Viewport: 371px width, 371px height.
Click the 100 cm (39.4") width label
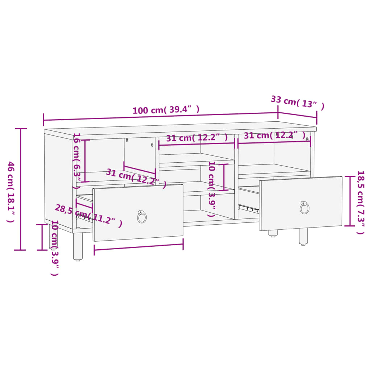[x=166, y=110]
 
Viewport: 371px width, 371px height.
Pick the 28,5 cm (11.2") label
[x=88, y=216]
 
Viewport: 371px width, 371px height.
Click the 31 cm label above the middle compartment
[x=197, y=138]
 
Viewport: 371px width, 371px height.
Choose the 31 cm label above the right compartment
[x=274, y=136]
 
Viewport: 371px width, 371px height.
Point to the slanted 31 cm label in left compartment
[x=136, y=178]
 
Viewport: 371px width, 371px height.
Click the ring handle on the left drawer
[x=142, y=217]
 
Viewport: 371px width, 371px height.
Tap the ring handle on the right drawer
[x=304, y=207]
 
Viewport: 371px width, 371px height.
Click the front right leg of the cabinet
[x=303, y=236]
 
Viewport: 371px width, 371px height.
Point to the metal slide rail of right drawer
[x=249, y=208]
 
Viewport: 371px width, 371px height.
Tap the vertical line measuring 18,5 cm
[x=350, y=201]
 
